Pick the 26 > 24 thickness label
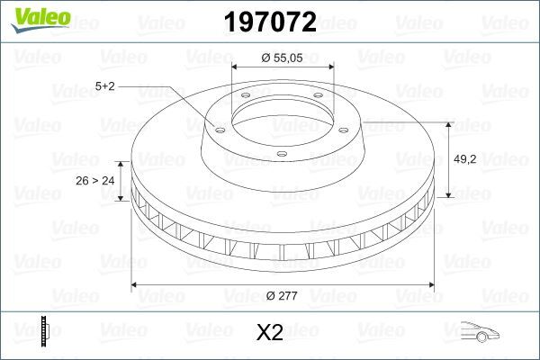tap(95, 181)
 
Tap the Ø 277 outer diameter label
tap(283, 295)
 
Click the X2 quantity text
tap(270, 334)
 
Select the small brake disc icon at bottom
tap(43, 333)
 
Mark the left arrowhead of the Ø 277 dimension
tap(136, 285)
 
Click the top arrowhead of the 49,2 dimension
tap(448, 124)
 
